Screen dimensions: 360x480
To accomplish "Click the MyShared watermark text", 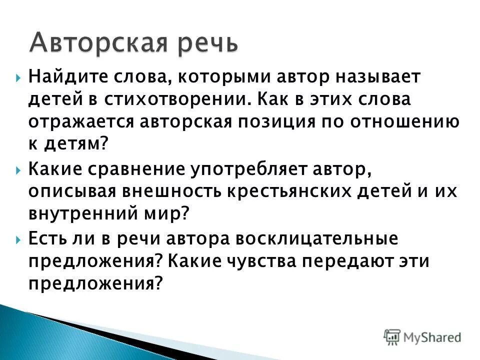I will pyautogui.click(x=432, y=337).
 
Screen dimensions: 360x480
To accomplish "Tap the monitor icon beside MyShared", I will pyautogui.click(x=392, y=336).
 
